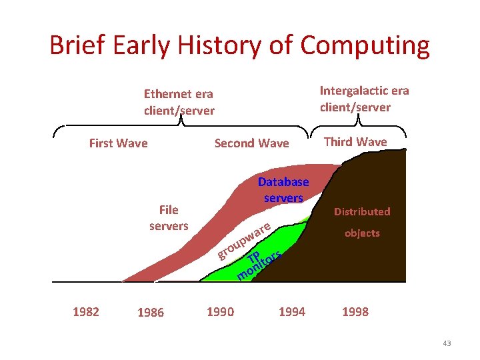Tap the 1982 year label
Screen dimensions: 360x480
tap(85, 311)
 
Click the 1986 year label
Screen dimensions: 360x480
tap(150, 313)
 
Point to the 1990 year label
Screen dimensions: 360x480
tap(220, 311)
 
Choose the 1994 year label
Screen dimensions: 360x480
tap(291, 311)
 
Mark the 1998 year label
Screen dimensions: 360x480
tap(355, 311)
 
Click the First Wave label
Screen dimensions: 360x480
tap(118, 143)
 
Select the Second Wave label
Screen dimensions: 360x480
tap(251, 143)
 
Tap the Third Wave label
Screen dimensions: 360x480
tap(355, 141)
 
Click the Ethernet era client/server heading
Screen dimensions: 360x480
tap(179, 103)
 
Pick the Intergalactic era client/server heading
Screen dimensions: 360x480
tap(364, 99)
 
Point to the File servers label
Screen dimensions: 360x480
tap(169, 218)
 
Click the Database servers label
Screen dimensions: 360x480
tap(283, 190)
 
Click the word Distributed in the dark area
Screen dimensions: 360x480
tap(362, 211)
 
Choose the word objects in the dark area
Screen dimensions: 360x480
tap(362, 233)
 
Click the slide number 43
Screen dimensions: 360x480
tap(446, 343)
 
